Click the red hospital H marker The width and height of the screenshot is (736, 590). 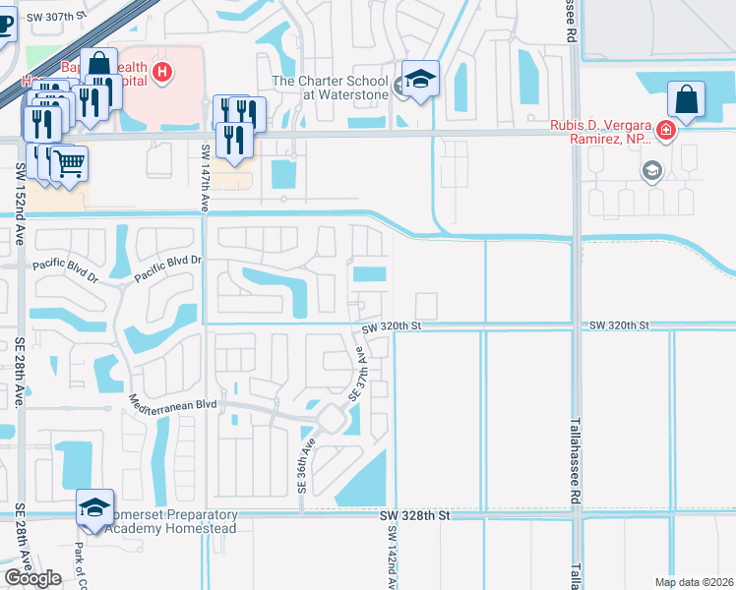(x=164, y=72)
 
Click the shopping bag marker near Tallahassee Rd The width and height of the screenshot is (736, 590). (x=686, y=99)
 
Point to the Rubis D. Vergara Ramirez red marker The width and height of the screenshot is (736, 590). (x=667, y=130)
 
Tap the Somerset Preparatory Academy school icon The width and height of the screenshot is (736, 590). (x=93, y=506)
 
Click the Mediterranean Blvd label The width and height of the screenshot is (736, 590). (x=172, y=403)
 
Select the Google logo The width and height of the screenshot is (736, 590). (x=32, y=578)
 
